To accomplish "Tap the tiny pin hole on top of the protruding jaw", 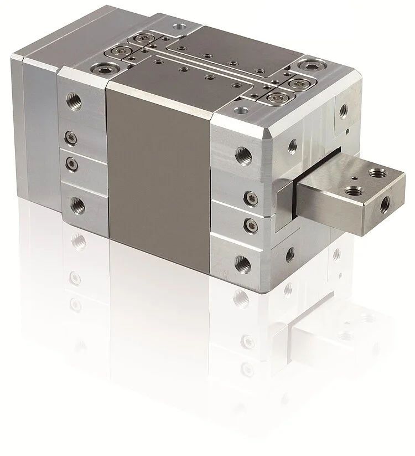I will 353,178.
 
